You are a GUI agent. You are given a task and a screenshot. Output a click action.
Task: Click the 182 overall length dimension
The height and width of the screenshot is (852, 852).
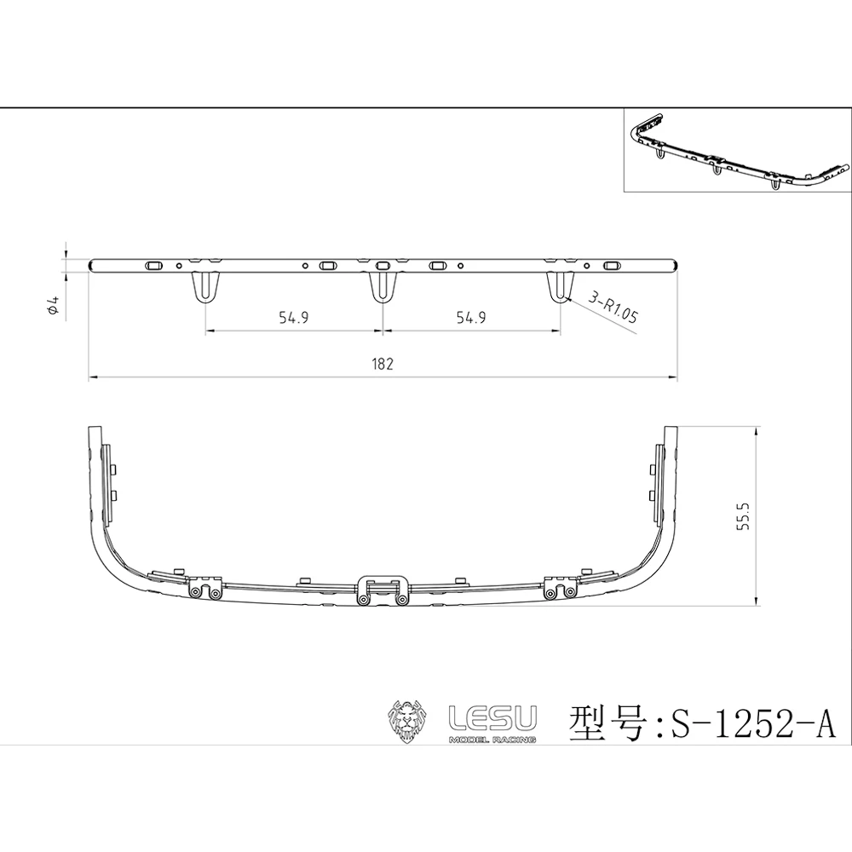coord(383,364)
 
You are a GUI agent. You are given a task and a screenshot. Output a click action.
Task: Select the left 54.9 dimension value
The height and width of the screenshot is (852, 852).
coord(294,317)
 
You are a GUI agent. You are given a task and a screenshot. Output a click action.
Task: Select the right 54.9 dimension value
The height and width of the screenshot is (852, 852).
coord(471,317)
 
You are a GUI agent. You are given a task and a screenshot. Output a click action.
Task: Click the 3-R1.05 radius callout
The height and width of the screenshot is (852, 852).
coord(613,307)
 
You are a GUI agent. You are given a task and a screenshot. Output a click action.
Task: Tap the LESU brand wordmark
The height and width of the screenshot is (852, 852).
coord(492,718)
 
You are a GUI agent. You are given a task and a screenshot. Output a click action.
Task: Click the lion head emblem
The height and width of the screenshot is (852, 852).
coord(409,721)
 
